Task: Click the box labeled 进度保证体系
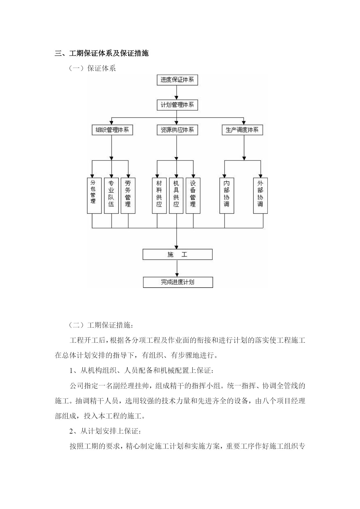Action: click(x=177, y=80)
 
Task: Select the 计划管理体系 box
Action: click(x=177, y=105)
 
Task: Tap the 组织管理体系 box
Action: click(x=112, y=130)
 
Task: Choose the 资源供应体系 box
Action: click(x=177, y=130)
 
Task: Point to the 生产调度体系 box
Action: click(x=242, y=130)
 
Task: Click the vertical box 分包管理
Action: click(x=94, y=196)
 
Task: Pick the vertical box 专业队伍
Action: click(x=111, y=196)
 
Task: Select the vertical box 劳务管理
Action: click(x=128, y=196)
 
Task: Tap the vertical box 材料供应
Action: click(x=159, y=196)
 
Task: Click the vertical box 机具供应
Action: click(x=176, y=196)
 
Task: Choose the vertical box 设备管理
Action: click(x=193, y=196)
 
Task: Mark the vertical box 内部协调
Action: click(x=227, y=196)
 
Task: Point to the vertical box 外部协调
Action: click(x=260, y=196)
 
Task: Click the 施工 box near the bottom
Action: click(x=178, y=254)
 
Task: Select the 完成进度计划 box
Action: click(x=178, y=282)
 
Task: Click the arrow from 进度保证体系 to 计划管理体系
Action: click(x=177, y=93)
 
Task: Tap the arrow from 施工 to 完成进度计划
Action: click(x=177, y=268)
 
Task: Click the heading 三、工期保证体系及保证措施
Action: click(x=102, y=53)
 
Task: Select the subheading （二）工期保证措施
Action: click(x=102, y=325)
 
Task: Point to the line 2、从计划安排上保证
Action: click(x=106, y=431)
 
